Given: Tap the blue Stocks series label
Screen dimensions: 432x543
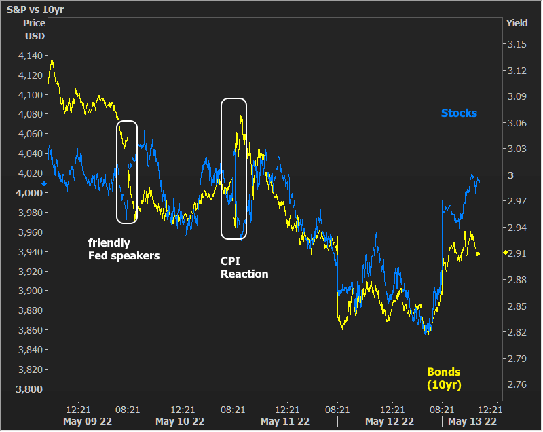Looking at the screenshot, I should click(459, 113).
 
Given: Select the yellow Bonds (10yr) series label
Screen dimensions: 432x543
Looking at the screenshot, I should click(443, 378).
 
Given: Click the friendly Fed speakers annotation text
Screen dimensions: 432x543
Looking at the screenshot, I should click(124, 249).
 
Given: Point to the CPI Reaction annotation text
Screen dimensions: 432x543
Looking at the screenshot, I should click(244, 268).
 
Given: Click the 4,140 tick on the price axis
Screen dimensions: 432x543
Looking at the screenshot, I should click(30, 56).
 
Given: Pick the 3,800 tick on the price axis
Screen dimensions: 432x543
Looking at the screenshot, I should click(30, 389).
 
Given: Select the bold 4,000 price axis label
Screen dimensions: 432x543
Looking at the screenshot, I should click(30, 193).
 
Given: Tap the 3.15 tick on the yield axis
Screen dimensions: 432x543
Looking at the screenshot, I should click(517, 44).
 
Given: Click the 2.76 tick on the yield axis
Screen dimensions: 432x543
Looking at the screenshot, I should click(517, 384).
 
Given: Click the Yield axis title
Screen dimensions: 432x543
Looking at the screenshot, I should click(517, 23).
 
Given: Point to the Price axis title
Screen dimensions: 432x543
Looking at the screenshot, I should click(34, 23).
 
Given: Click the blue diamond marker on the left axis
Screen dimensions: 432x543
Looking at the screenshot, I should click(44, 183).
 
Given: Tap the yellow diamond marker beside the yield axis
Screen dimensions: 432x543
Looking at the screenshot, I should click(504, 253).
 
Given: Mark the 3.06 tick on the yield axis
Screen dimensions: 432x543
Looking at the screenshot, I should click(517, 123).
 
